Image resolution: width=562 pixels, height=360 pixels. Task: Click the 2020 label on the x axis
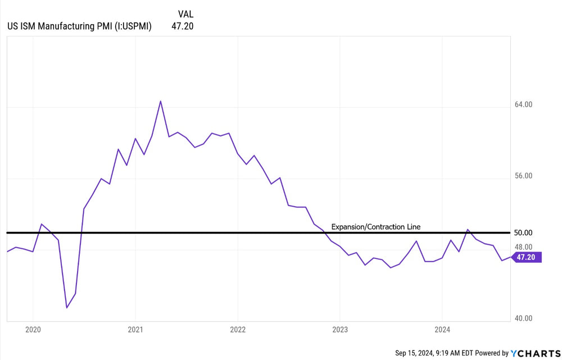(x=33, y=330)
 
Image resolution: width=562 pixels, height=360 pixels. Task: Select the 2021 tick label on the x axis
(x=135, y=330)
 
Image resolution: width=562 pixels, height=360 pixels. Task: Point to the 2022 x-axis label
(x=238, y=330)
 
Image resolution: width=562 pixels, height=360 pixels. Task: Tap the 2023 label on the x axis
(x=340, y=330)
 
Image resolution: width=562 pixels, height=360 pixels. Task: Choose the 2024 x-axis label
(x=442, y=330)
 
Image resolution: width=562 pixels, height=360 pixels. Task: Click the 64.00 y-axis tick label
(x=523, y=104)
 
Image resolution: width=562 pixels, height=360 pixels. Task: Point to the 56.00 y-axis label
(x=523, y=176)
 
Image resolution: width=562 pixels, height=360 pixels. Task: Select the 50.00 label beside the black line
(x=523, y=233)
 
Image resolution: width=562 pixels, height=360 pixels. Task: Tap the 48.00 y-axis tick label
(x=523, y=247)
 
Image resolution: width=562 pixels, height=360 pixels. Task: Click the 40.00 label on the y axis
(x=523, y=318)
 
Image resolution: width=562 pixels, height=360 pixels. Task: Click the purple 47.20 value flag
(x=528, y=257)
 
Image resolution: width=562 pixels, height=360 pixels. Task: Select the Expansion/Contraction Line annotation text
(x=375, y=227)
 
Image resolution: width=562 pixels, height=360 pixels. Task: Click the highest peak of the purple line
(x=161, y=101)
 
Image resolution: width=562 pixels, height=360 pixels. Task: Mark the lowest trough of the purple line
(x=67, y=307)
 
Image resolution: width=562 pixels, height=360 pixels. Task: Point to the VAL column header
(x=185, y=14)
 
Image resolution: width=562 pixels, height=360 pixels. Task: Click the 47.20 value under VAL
(x=182, y=26)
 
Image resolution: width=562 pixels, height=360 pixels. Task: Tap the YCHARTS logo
(x=533, y=353)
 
